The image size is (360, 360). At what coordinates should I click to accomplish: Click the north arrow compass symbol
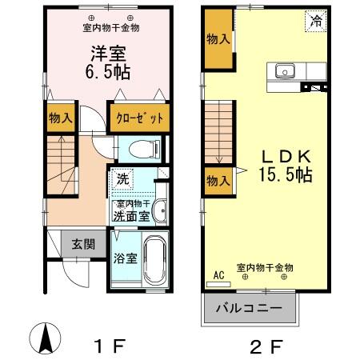tap(46, 338)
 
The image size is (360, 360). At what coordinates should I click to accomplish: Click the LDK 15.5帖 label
tap(283, 164)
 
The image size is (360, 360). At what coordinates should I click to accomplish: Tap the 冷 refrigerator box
tap(316, 21)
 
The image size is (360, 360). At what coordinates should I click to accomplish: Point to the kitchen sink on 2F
tap(285, 72)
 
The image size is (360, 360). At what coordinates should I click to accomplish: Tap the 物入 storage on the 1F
tap(61, 118)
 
